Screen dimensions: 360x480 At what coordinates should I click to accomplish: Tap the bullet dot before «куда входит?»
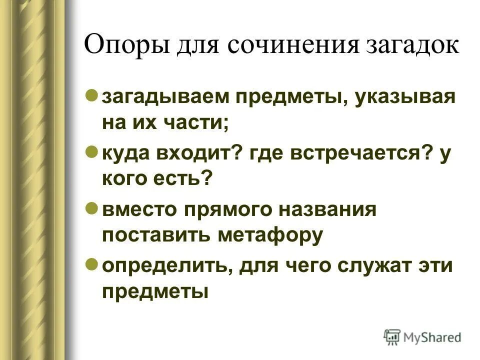click(x=91, y=151)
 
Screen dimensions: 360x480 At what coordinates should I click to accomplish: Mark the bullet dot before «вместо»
click(x=91, y=207)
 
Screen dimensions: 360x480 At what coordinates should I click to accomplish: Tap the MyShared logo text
click(x=433, y=338)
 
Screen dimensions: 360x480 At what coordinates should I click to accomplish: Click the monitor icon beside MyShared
click(x=392, y=337)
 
